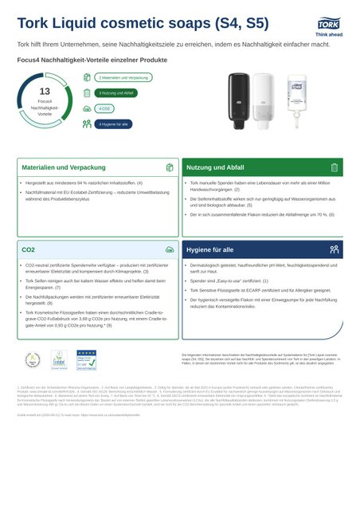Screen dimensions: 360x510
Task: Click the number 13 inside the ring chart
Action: (x=45, y=92)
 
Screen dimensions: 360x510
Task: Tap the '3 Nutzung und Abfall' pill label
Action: (x=116, y=93)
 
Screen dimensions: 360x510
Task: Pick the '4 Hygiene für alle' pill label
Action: (x=113, y=124)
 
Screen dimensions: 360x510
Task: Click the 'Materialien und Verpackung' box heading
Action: (x=55, y=167)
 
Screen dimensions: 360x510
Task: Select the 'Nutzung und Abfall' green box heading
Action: (x=215, y=167)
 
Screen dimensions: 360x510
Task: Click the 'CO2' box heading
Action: (x=29, y=249)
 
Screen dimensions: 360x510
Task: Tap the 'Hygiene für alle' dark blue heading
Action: (x=210, y=249)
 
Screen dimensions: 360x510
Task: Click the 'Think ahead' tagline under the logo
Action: (x=328, y=33)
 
